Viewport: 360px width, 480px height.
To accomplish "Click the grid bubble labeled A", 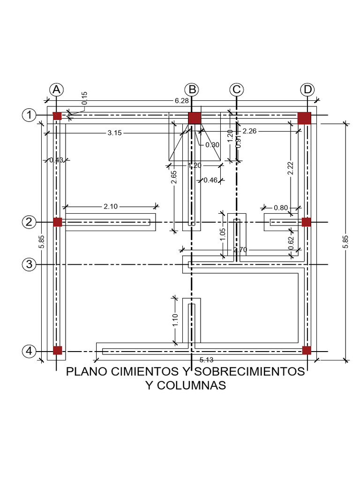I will coord(56,90).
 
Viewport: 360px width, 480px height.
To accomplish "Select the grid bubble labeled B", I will coord(191,90).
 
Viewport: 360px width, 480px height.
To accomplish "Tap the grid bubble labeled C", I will coord(236,90).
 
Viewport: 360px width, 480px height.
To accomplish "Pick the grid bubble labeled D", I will coord(307,90).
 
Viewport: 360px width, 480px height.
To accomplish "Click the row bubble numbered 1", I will coord(30,115).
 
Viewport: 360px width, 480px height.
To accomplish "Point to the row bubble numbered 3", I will coord(30,265).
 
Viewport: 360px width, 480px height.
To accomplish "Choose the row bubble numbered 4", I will coord(30,351).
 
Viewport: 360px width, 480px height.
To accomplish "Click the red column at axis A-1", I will coord(57,116).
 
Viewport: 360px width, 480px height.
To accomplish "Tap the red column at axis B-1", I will coord(194,118).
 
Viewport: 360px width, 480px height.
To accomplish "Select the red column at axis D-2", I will coord(306,222).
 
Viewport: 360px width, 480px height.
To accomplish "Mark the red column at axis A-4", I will coord(57,350).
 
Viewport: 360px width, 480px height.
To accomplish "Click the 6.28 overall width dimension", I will coord(181,100).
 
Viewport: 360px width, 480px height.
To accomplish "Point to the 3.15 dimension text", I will coord(114,133).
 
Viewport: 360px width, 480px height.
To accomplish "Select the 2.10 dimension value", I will coord(111,206).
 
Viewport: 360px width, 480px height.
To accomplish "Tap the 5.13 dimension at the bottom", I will coord(206,360).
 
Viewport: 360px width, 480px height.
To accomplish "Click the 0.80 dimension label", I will coord(281,208).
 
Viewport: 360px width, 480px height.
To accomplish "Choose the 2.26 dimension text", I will coord(250,131).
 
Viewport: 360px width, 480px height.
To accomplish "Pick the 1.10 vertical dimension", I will coord(175,320).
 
